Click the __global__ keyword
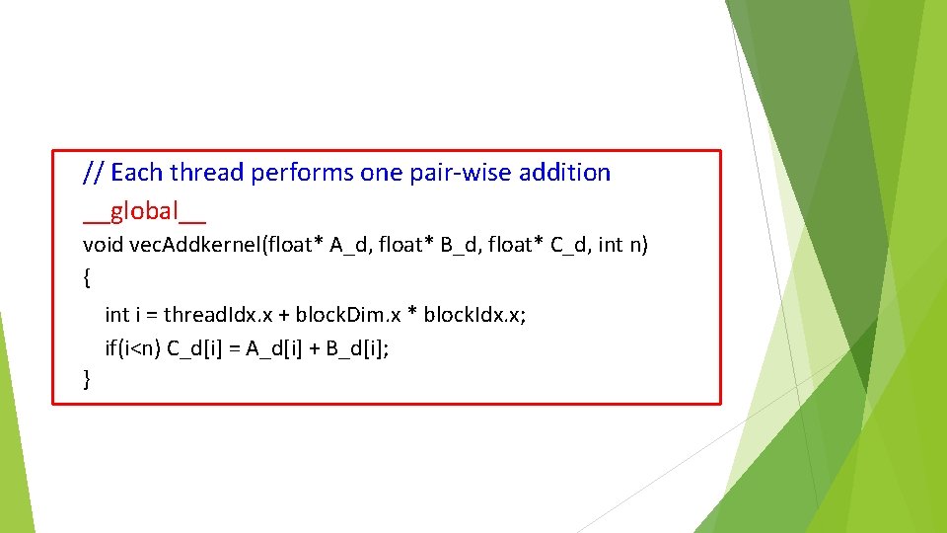(x=144, y=211)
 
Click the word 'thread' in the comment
(x=206, y=173)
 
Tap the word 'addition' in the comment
(x=564, y=173)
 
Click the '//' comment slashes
(x=94, y=173)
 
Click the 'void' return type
(x=101, y=245)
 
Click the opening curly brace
(x=87, y=279)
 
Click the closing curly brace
(x=87, y=378)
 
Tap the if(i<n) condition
(x=133, y=347)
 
